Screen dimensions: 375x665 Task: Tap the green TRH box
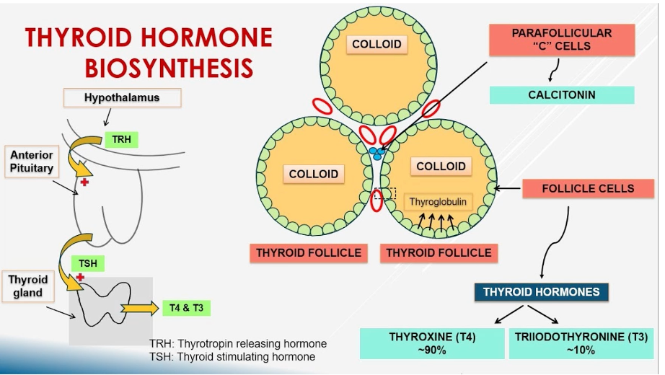[121, 139]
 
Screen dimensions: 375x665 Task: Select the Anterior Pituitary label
[31, 162]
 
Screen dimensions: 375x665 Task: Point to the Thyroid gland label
[28, 286]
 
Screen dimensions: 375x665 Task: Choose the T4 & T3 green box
[185, 308]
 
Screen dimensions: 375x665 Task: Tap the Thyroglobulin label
[438, 202]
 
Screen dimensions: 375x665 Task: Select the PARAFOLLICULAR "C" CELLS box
[561, 40]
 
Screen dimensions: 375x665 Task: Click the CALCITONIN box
[561, 94]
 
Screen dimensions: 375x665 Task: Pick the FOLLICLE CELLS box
[588, 189]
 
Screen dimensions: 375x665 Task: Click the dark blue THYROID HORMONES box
[541, 292]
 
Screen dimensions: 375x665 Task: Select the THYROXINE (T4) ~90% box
[432, 343]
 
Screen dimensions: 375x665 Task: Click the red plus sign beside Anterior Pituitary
[84, 182]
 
